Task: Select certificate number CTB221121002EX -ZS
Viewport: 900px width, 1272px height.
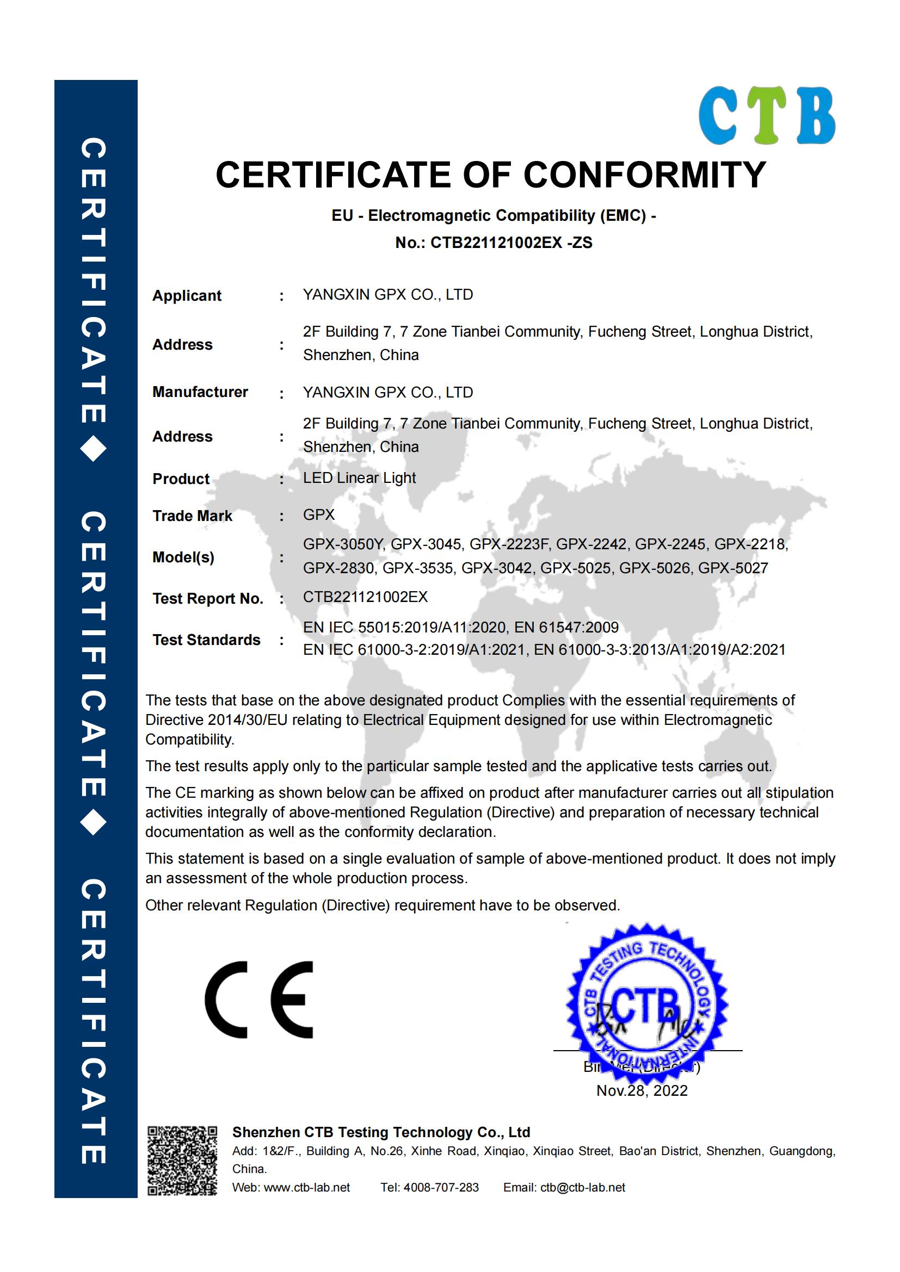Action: [x=511, y=243]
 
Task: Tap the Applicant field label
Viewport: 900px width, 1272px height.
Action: [x=187, y=296]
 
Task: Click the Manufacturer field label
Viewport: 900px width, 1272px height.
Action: [x=200, y=392]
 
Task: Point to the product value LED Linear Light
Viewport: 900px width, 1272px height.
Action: [x=359, y=478]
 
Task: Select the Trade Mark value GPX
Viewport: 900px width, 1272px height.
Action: [x=319, y=515]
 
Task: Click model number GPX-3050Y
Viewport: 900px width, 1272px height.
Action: [x=343, y=544]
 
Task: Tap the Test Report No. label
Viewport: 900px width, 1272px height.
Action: [x=208, y=599]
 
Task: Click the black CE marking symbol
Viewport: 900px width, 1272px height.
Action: [x=259, y=999]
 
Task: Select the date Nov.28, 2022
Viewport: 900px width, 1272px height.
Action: [x=642, y=1090]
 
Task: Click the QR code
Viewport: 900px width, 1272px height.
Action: [x=182, y=1161]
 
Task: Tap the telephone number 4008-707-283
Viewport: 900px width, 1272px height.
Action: [x=441, y=1188]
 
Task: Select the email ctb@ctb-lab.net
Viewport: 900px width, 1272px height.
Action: [x=582, y=1188]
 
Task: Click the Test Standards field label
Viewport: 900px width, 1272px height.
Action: [x=206, y=640]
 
